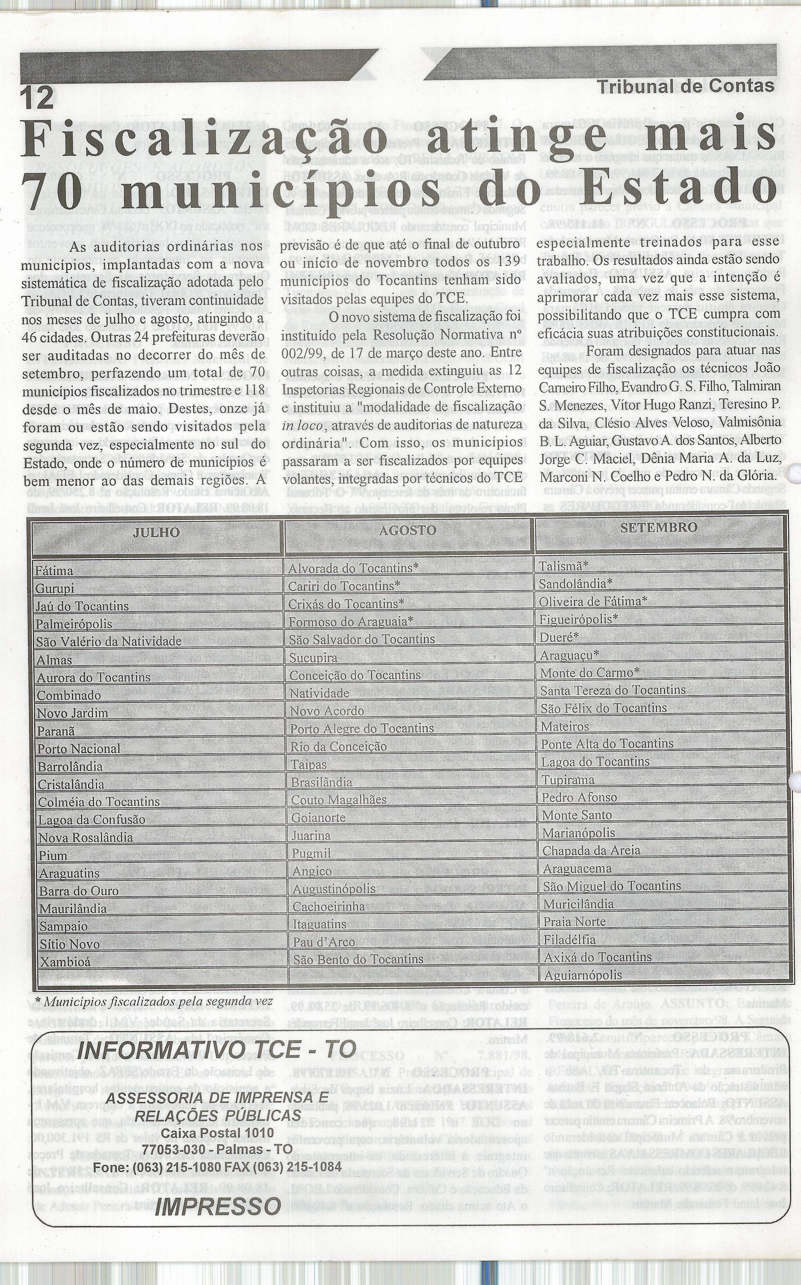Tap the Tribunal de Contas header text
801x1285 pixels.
(685, 86)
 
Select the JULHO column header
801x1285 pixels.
(156, 532)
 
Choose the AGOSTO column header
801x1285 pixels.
(408, 530)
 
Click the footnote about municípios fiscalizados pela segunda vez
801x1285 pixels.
(154, 1001)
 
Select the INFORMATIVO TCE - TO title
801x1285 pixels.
(188, 1051)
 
